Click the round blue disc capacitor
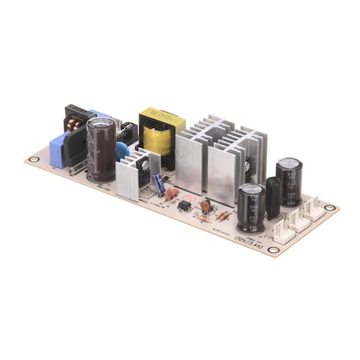coord(124,151)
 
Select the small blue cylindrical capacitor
coord(160,183)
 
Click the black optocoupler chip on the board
coord(184,206)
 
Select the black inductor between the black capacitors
coord(273,198)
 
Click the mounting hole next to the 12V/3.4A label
coord(273,250)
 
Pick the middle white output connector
coord(299,220)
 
